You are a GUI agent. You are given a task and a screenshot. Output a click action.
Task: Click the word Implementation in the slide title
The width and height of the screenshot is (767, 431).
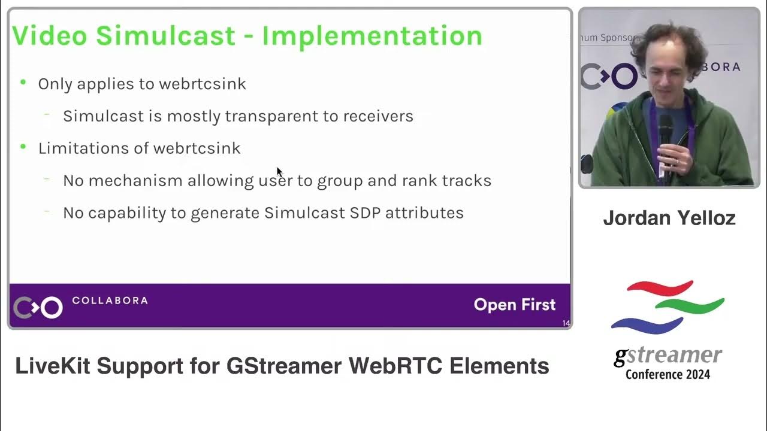coord(372,36)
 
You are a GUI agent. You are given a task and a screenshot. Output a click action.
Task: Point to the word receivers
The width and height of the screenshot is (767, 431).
coord(378,116)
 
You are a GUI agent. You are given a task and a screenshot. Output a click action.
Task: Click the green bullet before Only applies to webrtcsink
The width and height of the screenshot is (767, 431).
coord(23,82)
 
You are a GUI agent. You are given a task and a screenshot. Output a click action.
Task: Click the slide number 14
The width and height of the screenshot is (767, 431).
coord(566,324)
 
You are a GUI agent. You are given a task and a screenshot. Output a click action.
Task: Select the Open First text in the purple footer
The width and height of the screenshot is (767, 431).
coord(514,305)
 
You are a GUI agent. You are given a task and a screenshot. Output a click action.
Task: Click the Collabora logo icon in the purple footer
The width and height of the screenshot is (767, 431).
coord(38,307)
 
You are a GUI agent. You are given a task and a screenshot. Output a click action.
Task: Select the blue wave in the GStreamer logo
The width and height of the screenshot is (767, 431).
coord(646,325)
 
